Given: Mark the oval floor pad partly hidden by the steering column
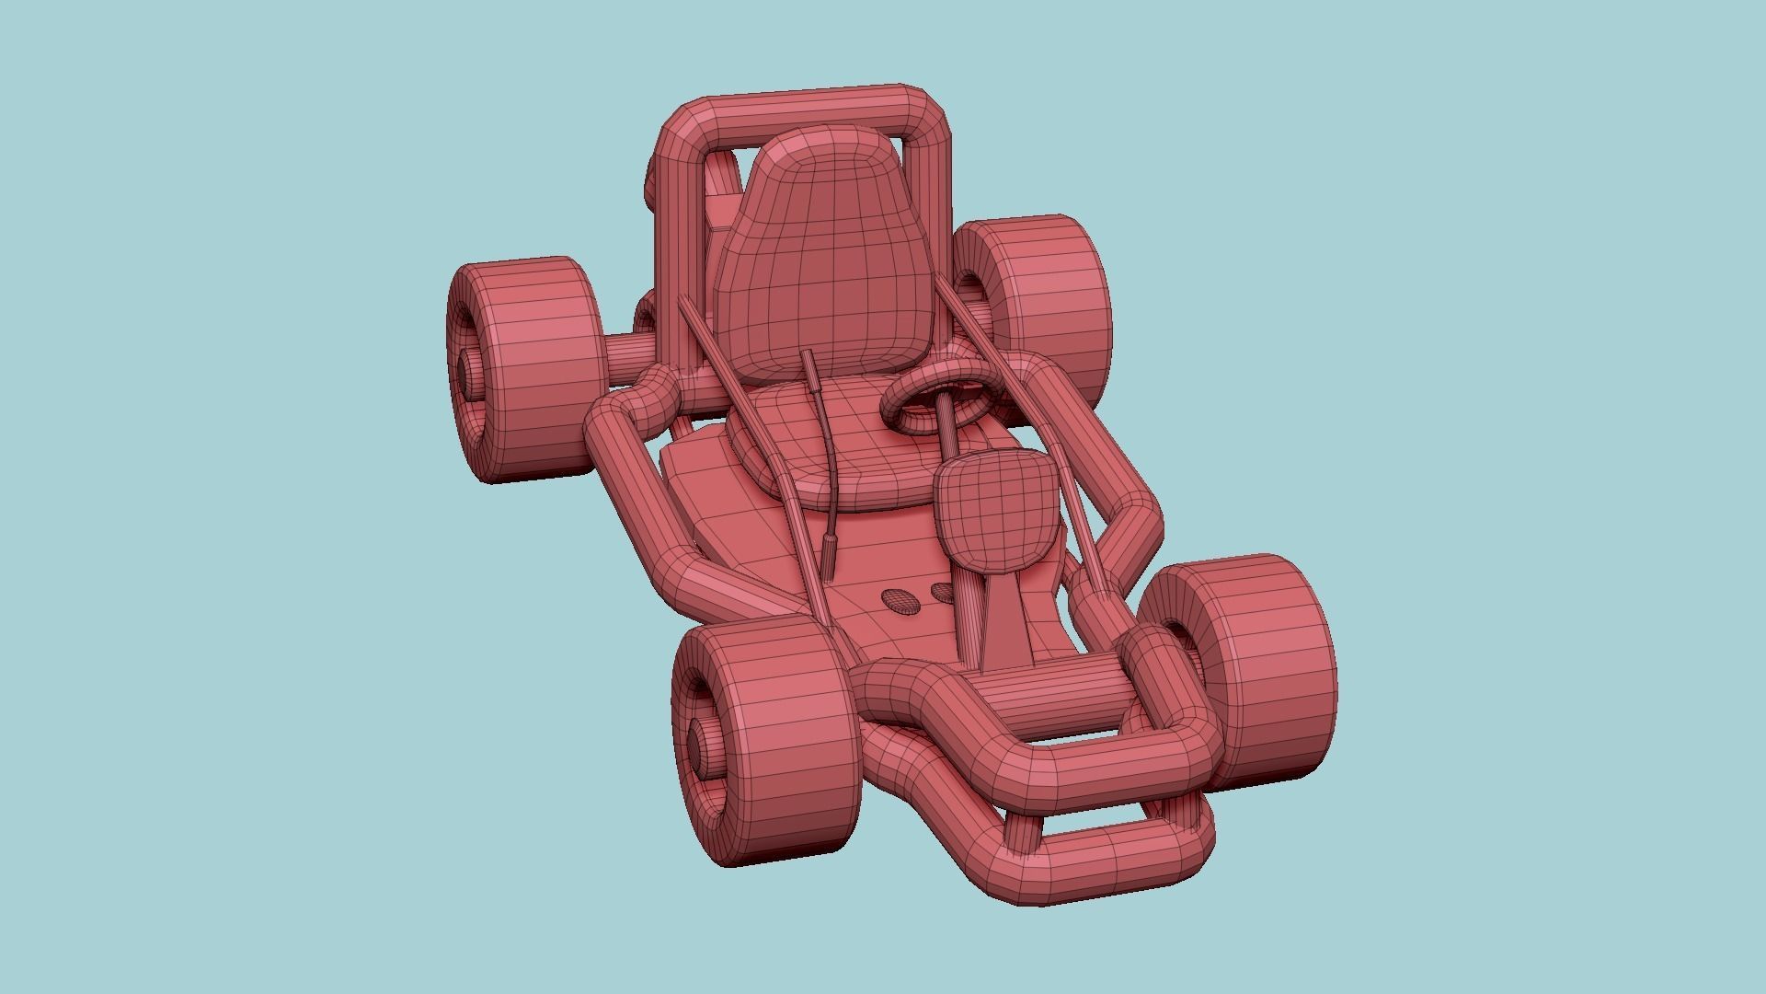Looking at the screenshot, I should [944, 592].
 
